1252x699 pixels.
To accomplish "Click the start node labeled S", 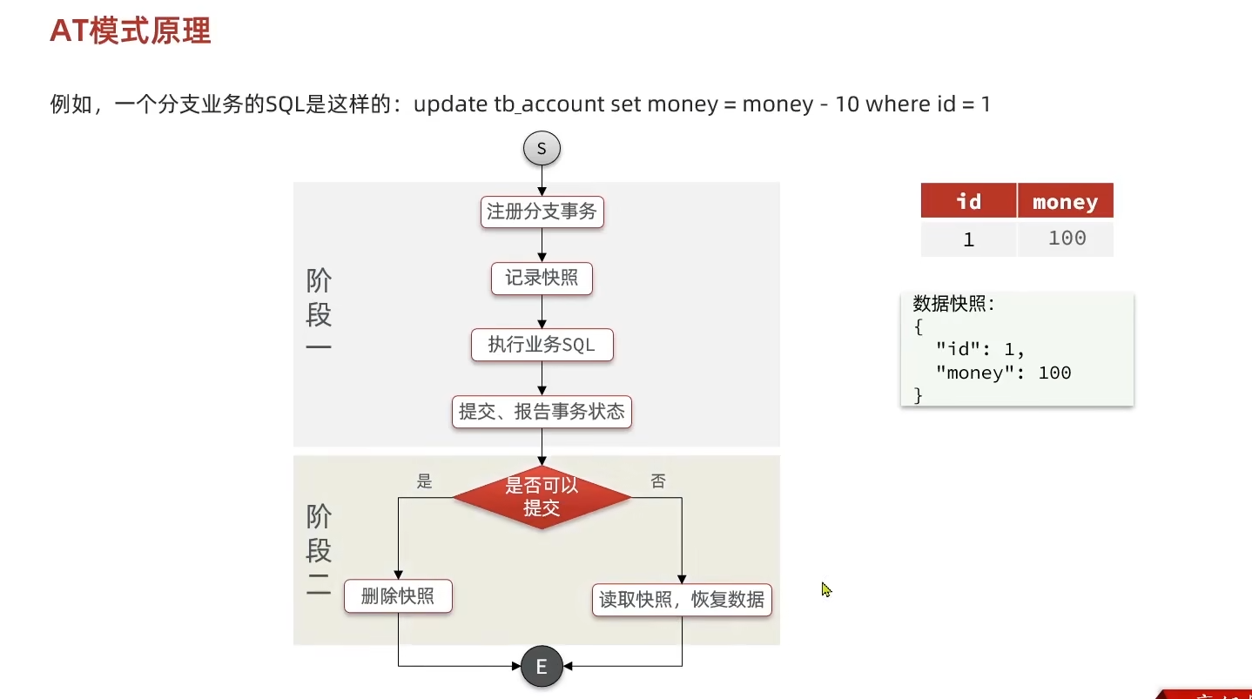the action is point(542,149).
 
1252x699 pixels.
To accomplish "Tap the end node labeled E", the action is point(542,667).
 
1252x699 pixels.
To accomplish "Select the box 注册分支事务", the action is point(542,212).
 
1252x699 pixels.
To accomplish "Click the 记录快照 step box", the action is point(542,279).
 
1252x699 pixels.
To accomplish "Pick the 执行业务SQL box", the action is point(542,345).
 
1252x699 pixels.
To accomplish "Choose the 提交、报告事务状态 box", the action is point(542,412).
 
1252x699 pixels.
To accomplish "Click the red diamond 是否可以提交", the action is point(542,497).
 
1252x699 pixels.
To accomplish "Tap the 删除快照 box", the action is point(398,596).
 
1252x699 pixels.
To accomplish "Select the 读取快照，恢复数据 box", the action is point(682,600).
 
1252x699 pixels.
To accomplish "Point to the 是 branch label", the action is point(425,481).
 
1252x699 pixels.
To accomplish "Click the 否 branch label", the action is point(658,481).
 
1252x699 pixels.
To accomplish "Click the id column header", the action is point(968,201).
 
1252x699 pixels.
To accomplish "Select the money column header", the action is point(1065,201).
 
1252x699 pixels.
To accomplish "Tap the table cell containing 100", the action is point(1067,238).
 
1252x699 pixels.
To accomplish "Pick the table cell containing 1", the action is point(968,239).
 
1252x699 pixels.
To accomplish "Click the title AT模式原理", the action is point(131,31).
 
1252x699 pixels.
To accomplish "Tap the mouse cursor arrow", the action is point(825,588).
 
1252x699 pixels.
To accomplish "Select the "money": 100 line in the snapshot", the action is point(1003,373).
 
